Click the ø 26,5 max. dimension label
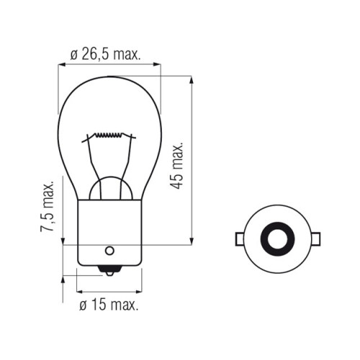click(105, 55)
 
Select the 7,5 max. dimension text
click(47, 206)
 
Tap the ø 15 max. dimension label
click(109, 305)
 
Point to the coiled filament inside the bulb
click(109, 135)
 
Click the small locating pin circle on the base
click(109, 251)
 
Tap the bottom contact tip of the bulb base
click(109, 271)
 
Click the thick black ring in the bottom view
click(277, 239)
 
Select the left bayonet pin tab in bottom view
click(240, 239)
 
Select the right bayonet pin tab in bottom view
click(315, 239)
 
